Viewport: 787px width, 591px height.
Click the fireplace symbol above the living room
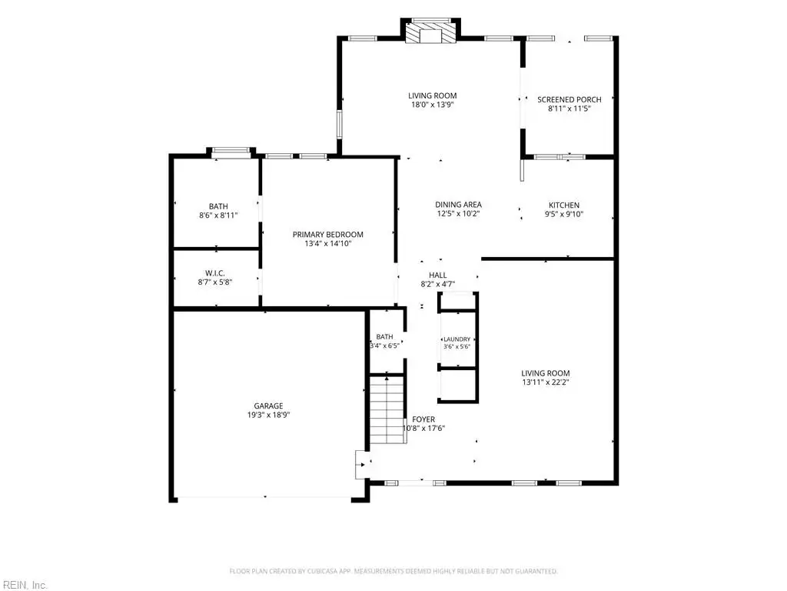(430, 32)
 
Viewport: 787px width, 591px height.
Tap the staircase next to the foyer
(387, 409)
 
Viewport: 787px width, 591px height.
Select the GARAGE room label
(268, 406)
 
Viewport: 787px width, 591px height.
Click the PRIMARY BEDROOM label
(327, 235)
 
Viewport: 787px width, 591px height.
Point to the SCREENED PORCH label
(569, 99)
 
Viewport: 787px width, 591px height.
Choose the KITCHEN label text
(564, 205)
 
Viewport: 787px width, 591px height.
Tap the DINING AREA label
(458, 205)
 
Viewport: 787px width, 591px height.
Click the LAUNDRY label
(457, 339)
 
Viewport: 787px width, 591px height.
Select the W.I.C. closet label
(215, 273)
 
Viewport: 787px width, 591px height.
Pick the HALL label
(437, 275)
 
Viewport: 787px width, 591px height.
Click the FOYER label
(423, 419)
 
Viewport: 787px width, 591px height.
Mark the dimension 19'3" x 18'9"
(268, 415)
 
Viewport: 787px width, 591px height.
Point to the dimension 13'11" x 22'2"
(545, 382)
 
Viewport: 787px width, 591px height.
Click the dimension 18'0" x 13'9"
(432, 105)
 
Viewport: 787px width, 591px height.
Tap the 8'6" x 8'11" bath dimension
(218, 215)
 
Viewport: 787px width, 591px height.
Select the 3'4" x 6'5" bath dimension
(385, 346)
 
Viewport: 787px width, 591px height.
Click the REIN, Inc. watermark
(24, 585)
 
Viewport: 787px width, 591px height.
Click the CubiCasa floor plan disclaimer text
(393, 572)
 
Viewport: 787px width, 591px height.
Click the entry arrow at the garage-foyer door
(363, 465)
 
